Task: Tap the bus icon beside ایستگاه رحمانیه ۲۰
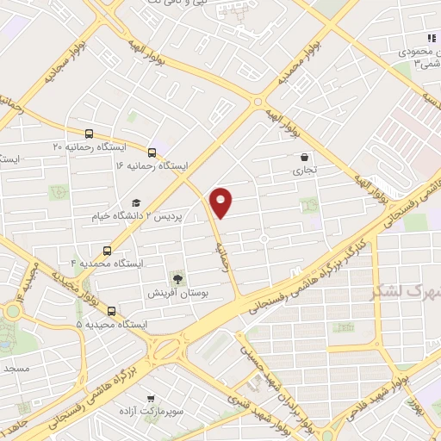point(89,134)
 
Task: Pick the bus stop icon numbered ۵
point(111,311)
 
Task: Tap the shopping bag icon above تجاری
point(305,158)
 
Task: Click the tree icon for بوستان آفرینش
point(178,278)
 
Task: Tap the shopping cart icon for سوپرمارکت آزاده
point(152,399)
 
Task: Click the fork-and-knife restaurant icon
point(431,38)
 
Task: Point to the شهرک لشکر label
point(402,290)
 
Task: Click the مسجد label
point(16,368)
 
